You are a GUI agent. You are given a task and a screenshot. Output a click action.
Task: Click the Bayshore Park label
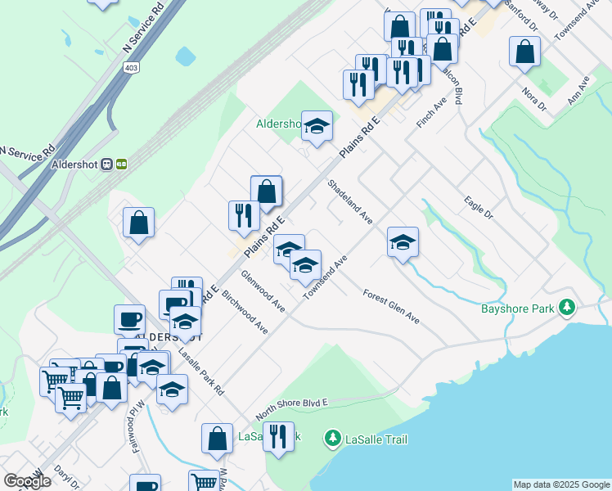(517, 309)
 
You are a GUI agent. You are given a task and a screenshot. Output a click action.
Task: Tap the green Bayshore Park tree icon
(565, 309)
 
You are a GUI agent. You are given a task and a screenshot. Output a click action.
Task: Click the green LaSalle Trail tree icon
(332, 439)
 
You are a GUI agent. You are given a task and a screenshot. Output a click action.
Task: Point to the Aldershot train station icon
(114, 164)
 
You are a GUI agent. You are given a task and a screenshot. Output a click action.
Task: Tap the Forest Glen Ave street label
(391, 307)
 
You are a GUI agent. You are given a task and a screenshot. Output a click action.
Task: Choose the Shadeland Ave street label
(350, 202)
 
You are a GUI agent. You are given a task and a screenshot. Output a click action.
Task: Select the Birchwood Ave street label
(245, 311)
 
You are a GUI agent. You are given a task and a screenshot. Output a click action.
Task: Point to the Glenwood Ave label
(263, 291)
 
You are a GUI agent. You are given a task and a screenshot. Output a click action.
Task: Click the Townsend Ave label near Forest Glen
(326, 277)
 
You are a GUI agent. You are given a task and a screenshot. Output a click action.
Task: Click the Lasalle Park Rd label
(201, 373)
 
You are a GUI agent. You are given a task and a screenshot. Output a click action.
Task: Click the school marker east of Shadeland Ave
(403, 242)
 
